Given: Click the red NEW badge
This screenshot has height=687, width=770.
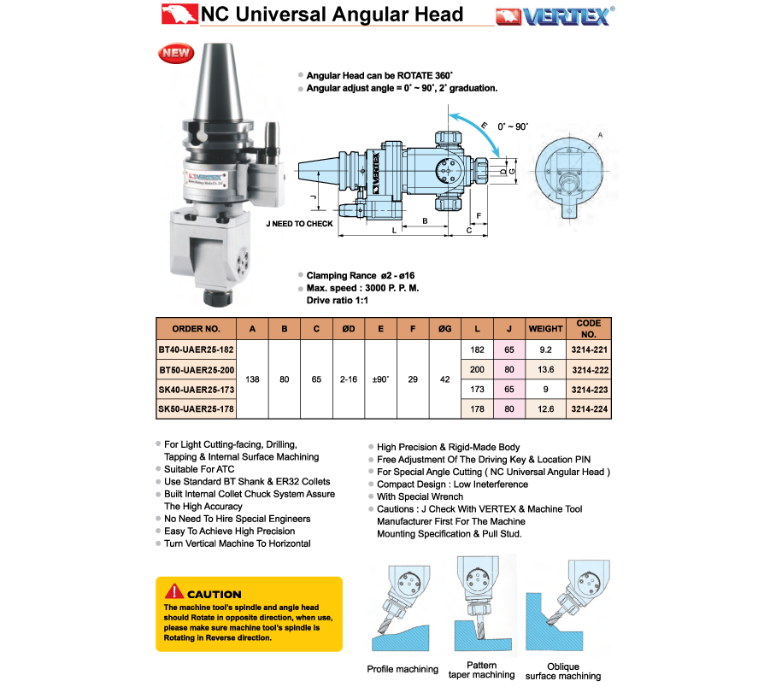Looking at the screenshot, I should [176, 54].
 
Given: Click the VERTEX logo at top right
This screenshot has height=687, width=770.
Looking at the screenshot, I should [555, 15].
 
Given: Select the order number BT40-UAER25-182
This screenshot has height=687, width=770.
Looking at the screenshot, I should [196, 349].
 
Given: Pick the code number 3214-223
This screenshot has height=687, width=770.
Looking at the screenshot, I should [589, 389].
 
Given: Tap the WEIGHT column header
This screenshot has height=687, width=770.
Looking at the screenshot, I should [545, 329].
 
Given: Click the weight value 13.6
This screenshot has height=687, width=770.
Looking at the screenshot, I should [545, 369].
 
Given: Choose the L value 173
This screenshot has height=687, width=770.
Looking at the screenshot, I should [477, 389].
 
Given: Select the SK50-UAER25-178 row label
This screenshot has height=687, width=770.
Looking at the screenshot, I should [196, 409].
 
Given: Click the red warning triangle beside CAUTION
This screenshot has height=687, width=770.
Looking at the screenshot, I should [173, 591].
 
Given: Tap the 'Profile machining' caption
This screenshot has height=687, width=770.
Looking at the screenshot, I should [403, 669].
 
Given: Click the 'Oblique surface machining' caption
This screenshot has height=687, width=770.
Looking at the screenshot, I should [563, 672].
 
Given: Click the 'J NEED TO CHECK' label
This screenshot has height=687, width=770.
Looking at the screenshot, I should [299, 224].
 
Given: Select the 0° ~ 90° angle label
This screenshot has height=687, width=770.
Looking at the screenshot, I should [513, 126].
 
